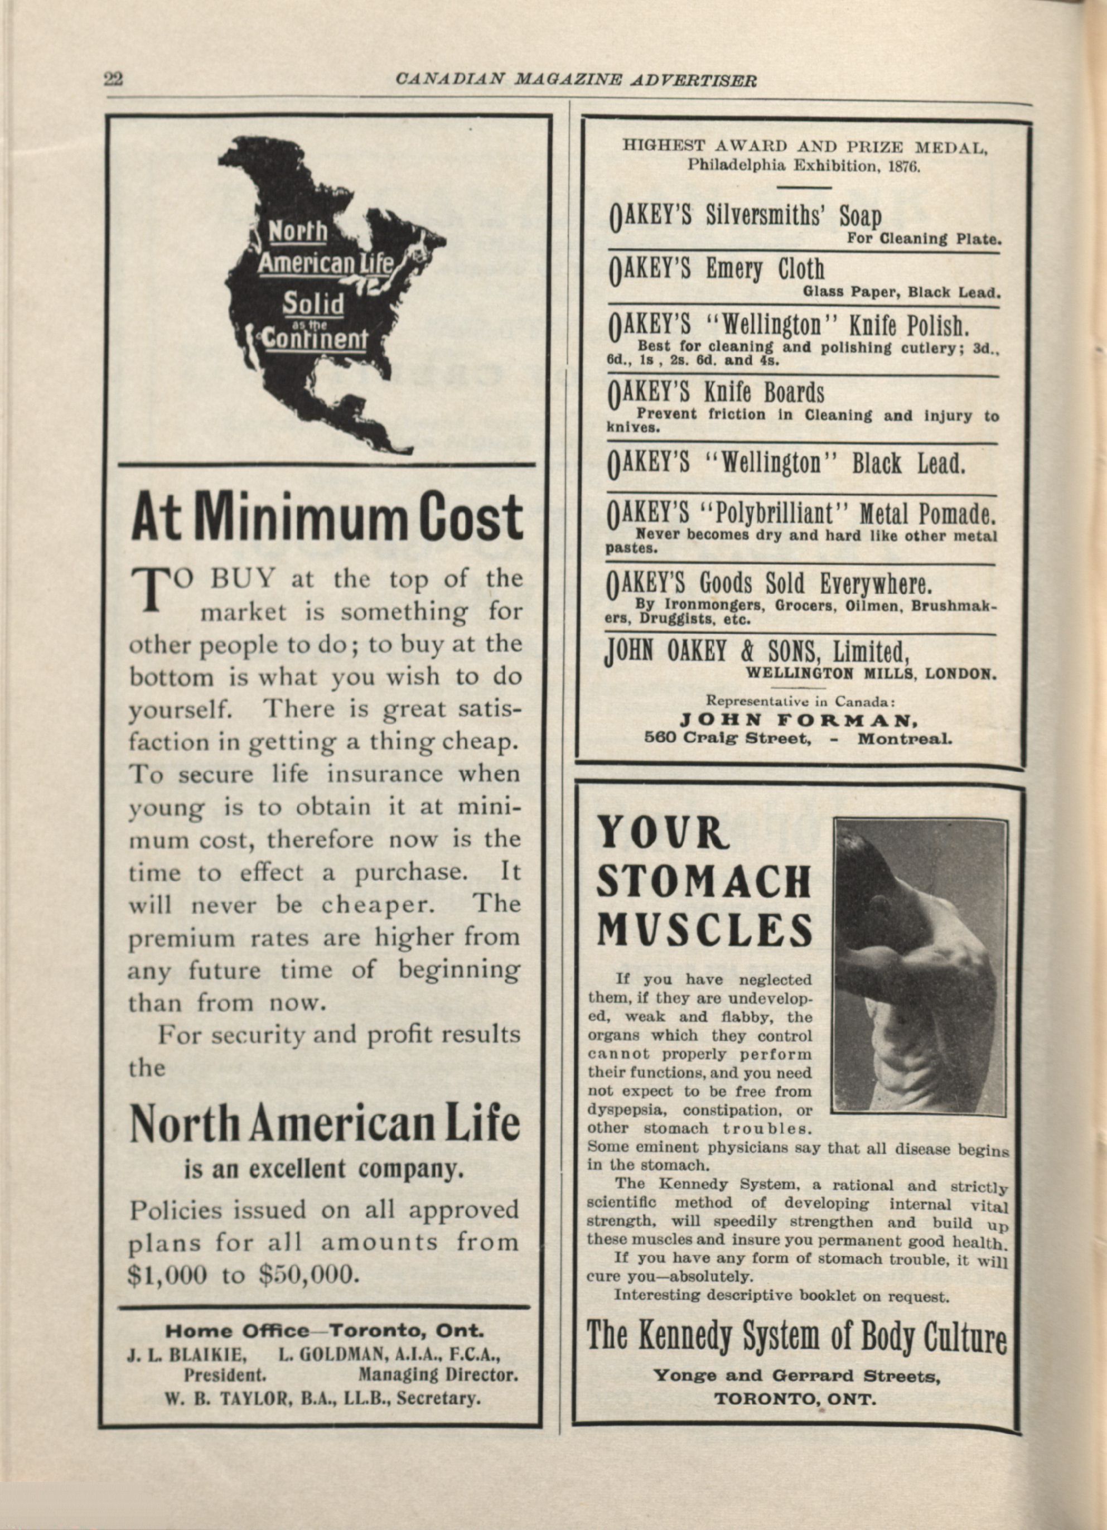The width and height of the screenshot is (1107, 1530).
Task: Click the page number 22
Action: click(x=113, y=79)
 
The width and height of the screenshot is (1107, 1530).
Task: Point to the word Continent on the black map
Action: click(x=313, y=339)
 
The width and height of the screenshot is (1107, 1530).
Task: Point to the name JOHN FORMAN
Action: click(x=799, y=721)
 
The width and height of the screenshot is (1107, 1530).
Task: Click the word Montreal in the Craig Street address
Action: click(x=905, y=737)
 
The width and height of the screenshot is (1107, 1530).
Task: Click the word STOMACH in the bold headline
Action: click(x=705, y=882)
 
